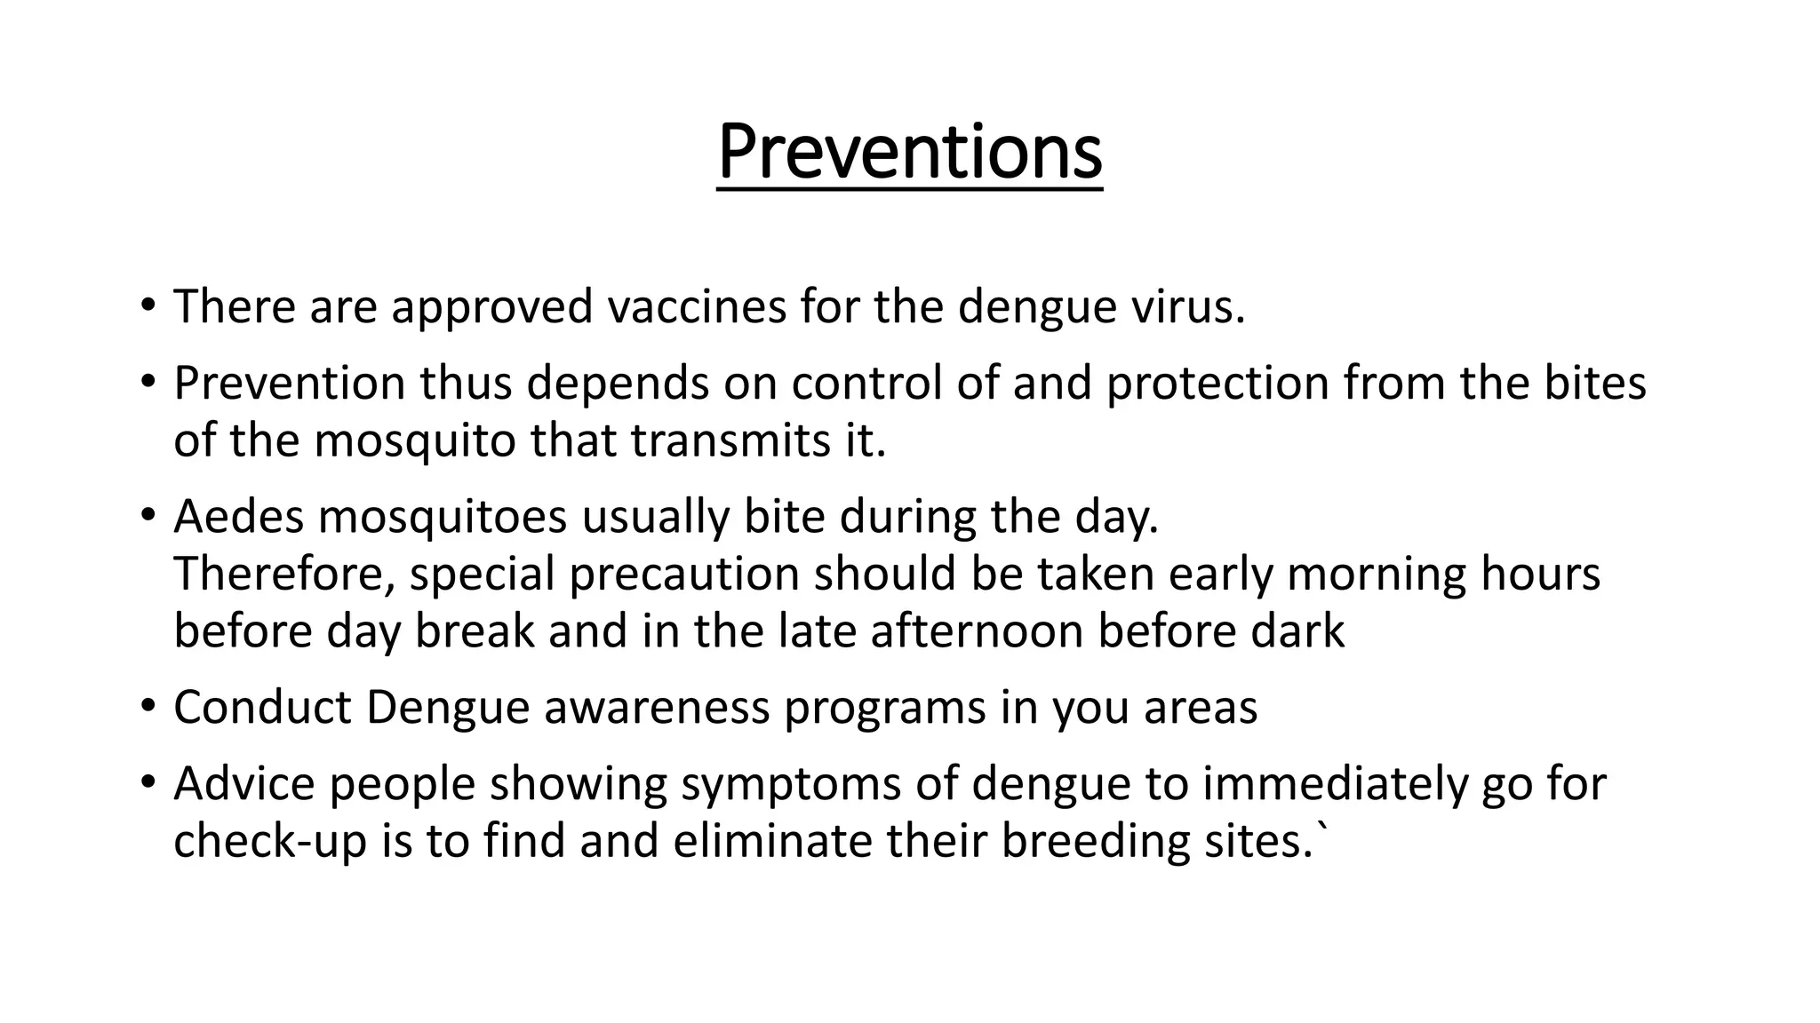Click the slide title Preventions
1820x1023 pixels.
(909, 153)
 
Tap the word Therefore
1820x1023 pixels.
(283, 575)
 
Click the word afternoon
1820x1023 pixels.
(977, 631)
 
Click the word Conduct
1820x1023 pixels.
(262, 708)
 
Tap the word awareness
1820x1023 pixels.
(657, 708)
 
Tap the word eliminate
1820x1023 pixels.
(772, 841)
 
